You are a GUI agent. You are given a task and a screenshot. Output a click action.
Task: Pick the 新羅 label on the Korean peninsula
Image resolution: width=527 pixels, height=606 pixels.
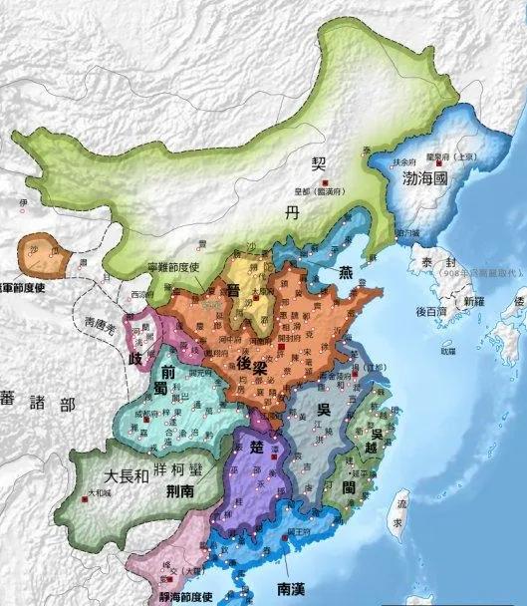point(464,298)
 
